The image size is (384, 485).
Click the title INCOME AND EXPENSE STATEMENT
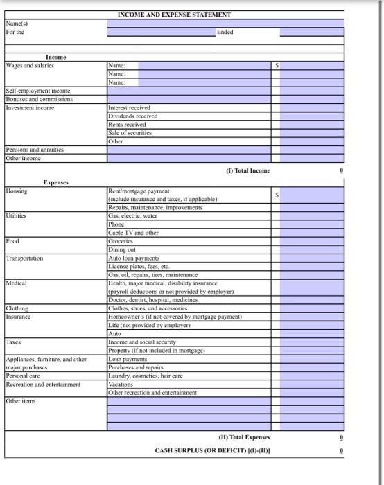pos(174,14)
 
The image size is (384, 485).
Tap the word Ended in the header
pos(225,32)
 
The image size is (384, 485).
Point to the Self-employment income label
pos(38,91)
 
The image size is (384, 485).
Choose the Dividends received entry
pos(133,116)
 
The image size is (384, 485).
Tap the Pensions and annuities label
pos(34,150)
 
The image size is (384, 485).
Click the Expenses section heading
pos(55,182)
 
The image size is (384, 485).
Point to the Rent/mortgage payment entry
pos(139,191)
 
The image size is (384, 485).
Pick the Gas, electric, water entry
pos(132,216)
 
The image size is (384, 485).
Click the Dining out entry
pos(123,249)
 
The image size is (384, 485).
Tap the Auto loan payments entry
pos(134,258)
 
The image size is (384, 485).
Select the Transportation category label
pos(25,258)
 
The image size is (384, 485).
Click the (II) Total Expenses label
pos(245,437)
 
